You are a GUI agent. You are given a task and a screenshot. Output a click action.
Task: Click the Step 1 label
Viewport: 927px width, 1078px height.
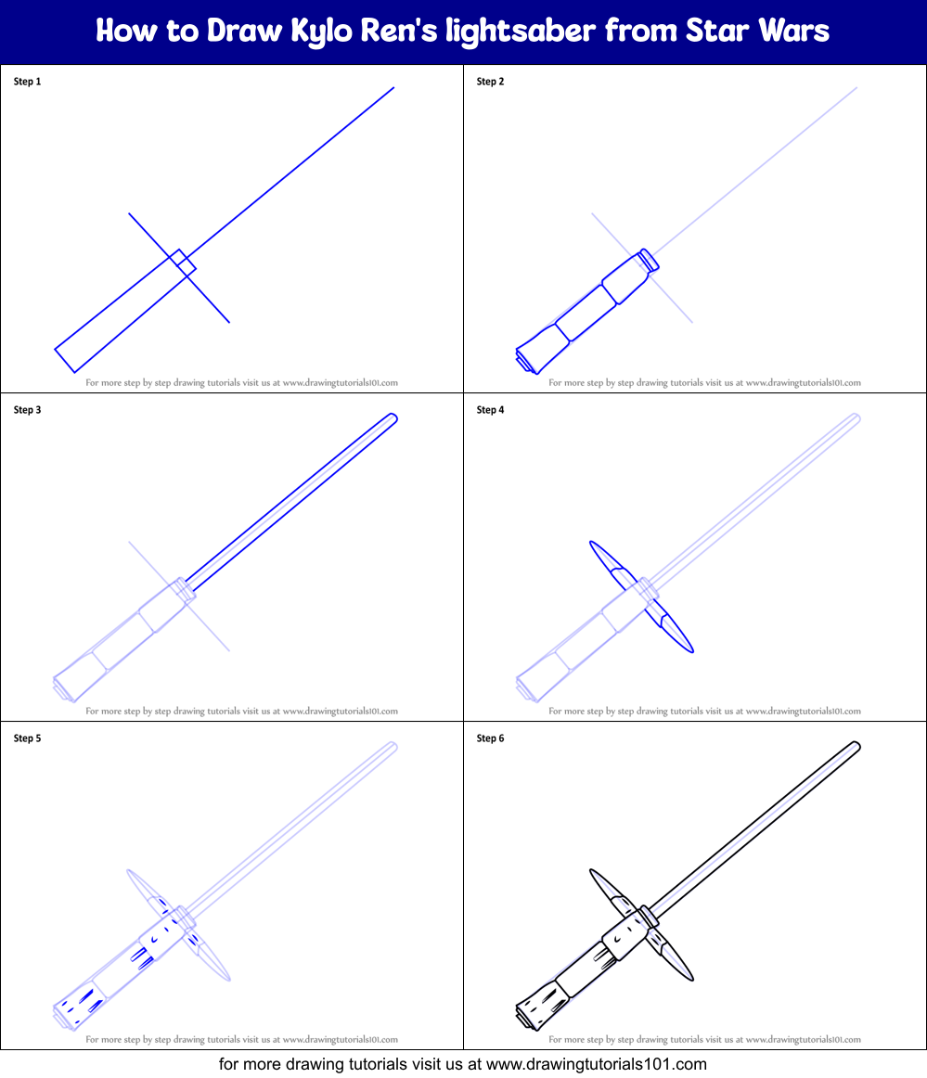tap(28, 81)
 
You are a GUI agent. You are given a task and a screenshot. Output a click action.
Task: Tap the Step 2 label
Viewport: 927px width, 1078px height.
tap(490, 81)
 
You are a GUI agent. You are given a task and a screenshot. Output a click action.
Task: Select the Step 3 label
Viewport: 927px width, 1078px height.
tap(28, 410)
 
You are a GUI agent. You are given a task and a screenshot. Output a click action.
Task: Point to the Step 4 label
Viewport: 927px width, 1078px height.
tap(490, 410)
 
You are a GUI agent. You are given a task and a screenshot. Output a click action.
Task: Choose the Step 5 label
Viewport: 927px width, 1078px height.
tap(28, 738)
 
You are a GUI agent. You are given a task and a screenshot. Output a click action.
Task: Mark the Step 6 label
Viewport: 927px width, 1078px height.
tap(490, 738)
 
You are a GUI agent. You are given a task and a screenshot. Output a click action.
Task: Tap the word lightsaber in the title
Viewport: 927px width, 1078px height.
tap(521, 32)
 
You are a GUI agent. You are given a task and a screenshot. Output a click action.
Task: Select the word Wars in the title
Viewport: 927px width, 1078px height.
tap(794, 31)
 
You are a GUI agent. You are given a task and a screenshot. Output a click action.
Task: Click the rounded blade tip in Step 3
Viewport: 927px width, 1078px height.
tap(394, 417)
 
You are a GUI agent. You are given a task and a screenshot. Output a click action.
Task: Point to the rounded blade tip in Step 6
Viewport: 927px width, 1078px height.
tap(856, 745)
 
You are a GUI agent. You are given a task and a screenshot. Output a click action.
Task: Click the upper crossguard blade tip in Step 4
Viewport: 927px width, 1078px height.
tap(591, 543)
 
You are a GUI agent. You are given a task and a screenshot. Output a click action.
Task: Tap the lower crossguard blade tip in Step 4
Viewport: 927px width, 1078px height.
tap(692, 650)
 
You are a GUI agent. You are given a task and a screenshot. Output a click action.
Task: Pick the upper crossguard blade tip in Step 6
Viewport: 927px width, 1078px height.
tap(591, 871)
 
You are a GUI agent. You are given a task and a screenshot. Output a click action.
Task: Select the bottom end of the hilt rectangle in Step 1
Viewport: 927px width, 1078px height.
tap(65, 361)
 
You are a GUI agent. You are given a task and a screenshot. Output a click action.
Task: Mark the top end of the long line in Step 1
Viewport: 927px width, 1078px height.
tap(394, 87)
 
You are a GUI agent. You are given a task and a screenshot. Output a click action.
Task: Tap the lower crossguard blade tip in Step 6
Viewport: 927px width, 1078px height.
tap(692, 979)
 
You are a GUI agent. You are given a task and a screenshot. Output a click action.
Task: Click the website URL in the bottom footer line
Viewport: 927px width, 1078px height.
tap(597, 1064)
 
